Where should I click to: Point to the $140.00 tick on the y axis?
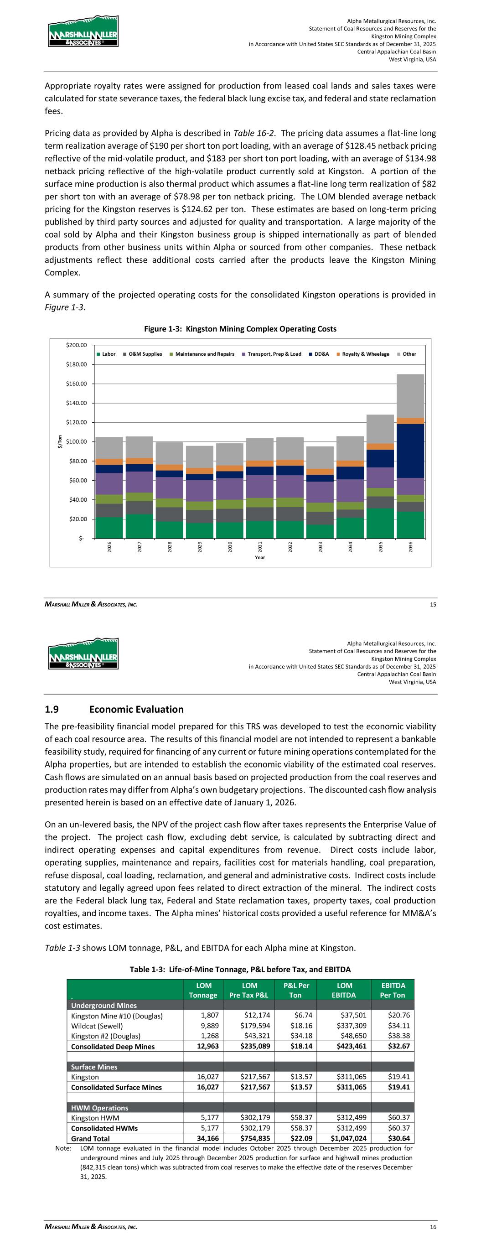77,403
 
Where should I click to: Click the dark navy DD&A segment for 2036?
410,451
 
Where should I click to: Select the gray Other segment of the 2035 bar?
380,429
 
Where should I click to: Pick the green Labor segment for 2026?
109,527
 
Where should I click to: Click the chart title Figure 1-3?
240,329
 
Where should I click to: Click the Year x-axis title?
259,557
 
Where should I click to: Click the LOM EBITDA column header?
344,990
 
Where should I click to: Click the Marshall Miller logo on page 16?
83,653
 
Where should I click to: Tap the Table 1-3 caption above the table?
240,969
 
